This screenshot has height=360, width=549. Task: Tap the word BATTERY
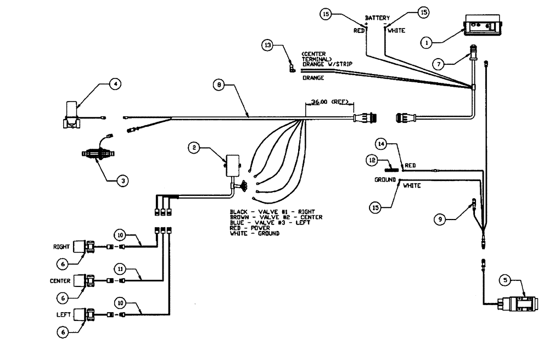tap(378, 18)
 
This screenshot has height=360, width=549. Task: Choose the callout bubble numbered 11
tap(120, 269)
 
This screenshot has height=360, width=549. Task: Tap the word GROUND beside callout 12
tap(385, 179)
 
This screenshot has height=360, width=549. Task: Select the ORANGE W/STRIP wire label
tap(327, 64)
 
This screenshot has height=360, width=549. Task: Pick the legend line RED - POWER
tap(250, 228)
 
